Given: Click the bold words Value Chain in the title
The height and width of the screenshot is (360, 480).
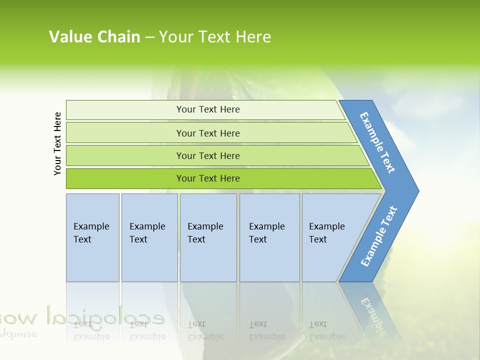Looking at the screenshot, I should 94,36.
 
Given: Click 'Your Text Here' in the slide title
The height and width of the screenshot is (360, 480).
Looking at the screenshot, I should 215,36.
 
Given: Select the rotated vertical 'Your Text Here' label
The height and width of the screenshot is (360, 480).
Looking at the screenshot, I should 57,143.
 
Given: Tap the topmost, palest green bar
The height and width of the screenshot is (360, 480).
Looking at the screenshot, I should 207,109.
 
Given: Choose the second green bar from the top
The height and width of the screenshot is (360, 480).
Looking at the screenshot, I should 207,133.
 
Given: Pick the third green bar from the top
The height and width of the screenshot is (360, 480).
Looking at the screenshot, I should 207,155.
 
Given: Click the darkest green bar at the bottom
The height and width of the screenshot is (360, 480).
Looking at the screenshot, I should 207,178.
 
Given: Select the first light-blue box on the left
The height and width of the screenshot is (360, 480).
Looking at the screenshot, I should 92,237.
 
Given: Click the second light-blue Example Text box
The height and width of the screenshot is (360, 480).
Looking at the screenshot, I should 149,237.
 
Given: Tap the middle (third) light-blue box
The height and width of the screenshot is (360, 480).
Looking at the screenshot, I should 208,237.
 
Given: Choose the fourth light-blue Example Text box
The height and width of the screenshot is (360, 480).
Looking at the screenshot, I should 269,237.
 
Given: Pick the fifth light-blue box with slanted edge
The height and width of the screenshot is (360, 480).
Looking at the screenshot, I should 330,237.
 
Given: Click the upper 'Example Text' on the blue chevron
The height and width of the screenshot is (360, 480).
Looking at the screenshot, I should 377,142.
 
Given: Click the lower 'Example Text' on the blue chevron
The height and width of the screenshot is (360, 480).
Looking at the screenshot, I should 379,236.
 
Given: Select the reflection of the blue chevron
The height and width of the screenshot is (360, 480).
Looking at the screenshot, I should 372,310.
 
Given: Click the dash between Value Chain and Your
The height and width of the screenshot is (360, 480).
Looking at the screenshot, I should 149,37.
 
